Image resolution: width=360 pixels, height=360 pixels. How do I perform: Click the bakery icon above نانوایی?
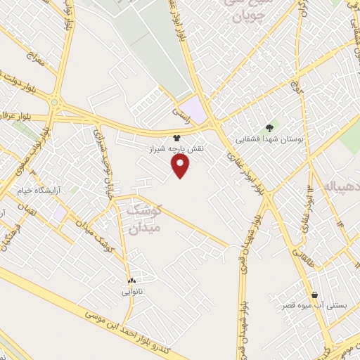pyautogui.click(x=131, y=280)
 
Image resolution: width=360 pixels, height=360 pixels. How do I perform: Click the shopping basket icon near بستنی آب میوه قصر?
pyautogui.click(x=314, y=295)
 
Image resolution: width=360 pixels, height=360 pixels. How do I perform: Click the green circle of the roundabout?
pyautogui.click(x=53, y=103)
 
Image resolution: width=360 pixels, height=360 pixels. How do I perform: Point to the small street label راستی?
pyautogui.click(x=181, y=111)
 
